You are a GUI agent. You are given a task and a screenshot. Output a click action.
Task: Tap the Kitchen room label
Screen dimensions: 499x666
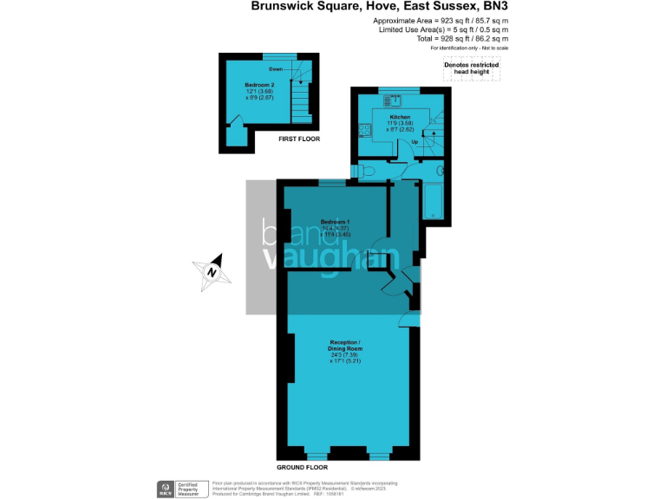399,117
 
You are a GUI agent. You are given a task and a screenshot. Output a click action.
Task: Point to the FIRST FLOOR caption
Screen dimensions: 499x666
299,139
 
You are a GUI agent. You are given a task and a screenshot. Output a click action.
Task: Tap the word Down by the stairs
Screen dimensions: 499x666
276,68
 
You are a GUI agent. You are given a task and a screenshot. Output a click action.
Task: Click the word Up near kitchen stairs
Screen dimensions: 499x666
415,141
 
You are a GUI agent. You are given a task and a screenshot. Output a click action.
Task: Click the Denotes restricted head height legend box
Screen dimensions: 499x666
472,69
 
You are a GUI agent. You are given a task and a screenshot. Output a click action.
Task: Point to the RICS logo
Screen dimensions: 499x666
165,488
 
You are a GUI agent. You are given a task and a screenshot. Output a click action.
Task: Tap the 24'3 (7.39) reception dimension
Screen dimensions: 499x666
345,354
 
